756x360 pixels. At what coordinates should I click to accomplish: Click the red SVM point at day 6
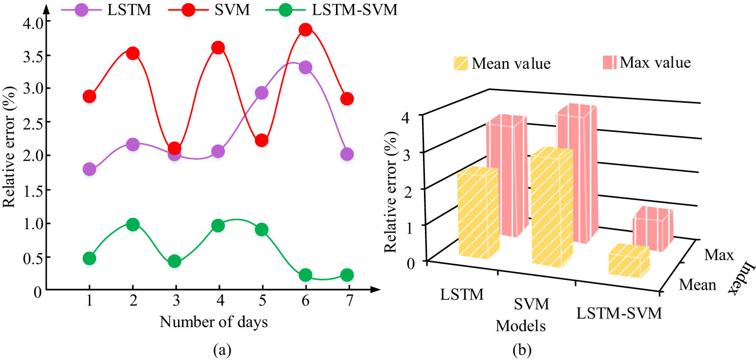[305, 30]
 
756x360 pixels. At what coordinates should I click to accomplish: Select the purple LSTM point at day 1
[89, 169]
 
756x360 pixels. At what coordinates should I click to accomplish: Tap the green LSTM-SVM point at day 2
[132, 224]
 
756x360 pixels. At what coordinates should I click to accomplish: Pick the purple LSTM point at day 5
[262, 92]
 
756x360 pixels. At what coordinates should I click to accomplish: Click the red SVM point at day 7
[347, 99]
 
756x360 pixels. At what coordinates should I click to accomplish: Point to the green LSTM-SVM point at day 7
[347, 274]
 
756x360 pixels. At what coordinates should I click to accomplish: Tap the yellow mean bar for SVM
[551, 209]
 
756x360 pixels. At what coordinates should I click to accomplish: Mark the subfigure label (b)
[521, 350]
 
